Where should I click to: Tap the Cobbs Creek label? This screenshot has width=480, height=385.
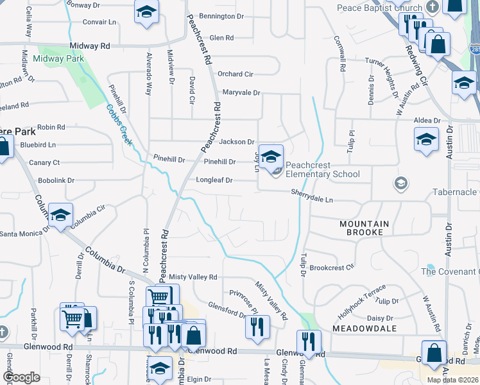[119, 125]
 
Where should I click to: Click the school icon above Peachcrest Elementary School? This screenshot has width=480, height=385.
[271, 157]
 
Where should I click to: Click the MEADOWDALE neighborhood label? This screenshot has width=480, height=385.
[364, 328]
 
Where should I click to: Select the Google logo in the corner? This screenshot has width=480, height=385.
[21, 377]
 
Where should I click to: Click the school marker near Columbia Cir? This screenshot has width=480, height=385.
[61, 216]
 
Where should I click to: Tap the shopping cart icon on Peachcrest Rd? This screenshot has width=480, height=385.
[158, 297]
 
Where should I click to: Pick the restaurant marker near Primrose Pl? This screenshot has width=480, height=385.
[257, 326]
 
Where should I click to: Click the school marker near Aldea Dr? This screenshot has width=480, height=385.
[427, 139]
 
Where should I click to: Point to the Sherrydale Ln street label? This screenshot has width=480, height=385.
[312, 196]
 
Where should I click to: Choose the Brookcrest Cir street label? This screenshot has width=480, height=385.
[332, 268]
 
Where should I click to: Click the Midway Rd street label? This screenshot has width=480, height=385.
[90, 46]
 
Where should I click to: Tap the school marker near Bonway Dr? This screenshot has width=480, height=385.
[146, 12]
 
